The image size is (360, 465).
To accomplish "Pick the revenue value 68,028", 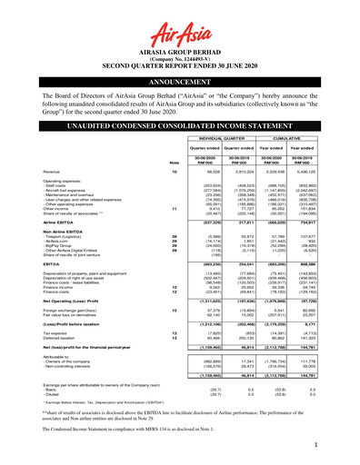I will tap(195, 170).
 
